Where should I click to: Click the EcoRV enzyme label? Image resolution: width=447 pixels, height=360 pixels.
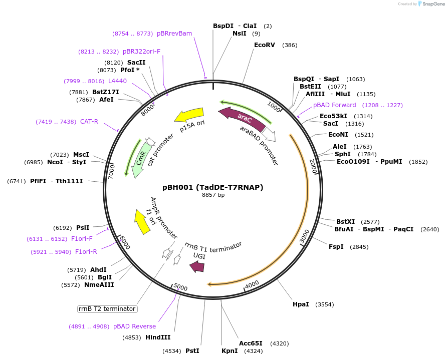pos(264,45)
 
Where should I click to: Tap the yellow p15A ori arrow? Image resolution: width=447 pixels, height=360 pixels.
pos(189,116)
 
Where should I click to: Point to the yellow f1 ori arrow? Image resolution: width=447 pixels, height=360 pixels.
pos(142,222)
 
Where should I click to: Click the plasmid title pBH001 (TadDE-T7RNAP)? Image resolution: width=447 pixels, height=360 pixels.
pos(213,187)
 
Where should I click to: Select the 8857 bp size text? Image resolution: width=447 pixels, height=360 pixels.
pos(213,195)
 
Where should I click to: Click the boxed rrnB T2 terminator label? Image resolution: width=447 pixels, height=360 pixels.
pos(107,309)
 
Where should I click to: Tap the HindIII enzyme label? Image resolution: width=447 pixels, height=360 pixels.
pos(158,337)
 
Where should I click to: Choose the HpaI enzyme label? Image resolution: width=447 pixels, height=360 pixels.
pos(301,304)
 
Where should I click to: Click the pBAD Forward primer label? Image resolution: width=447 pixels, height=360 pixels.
pos(334,105)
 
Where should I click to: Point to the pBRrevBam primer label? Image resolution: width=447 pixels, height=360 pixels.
pos(174,34)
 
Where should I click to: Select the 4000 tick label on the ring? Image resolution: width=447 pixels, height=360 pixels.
pos(252,284)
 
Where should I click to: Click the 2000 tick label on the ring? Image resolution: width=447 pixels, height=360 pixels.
pos(313,167)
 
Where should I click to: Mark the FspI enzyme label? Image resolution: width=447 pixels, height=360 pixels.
pos(336,247)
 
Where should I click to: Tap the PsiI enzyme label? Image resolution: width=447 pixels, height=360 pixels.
pos(83,228)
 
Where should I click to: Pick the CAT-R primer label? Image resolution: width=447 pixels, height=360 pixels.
pos(89,122)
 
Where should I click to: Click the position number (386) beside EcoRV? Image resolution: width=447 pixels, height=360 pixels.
pos(290,45)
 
